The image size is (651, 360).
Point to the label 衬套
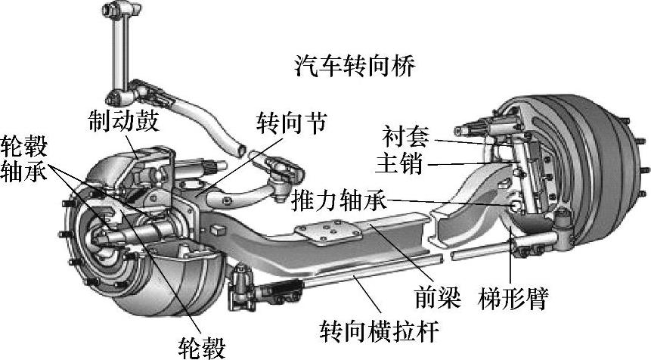coord(407,138)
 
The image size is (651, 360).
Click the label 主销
coord(407,163)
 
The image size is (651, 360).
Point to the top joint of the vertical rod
coord(120,13)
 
